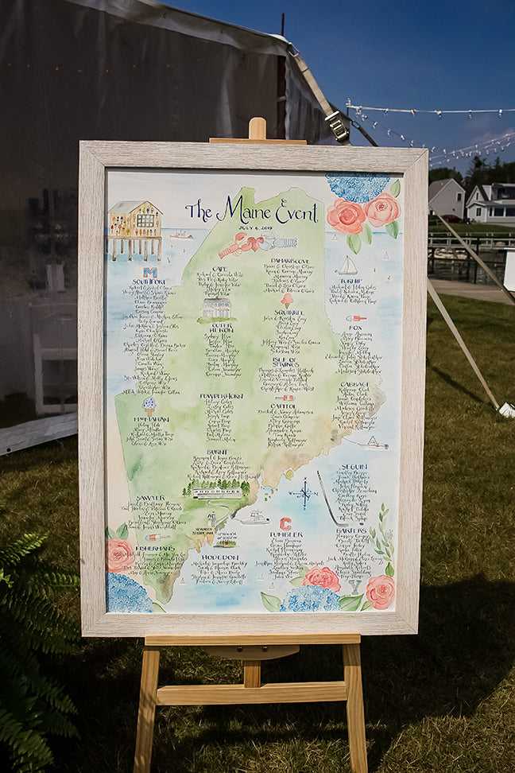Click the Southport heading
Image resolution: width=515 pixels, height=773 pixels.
[149, 282]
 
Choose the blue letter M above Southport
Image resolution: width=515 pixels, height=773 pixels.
[149, 272]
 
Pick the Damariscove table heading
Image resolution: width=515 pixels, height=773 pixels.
[288, 260]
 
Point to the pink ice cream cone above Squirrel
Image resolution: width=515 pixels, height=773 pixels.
[286, 300]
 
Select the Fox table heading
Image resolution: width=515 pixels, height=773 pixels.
[355, 327]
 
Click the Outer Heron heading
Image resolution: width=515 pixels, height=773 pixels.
[221, 326]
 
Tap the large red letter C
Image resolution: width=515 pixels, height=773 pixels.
[285, 523]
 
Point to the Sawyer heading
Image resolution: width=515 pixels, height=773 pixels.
[150, 498]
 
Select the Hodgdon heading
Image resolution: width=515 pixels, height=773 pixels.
[219, 557]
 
